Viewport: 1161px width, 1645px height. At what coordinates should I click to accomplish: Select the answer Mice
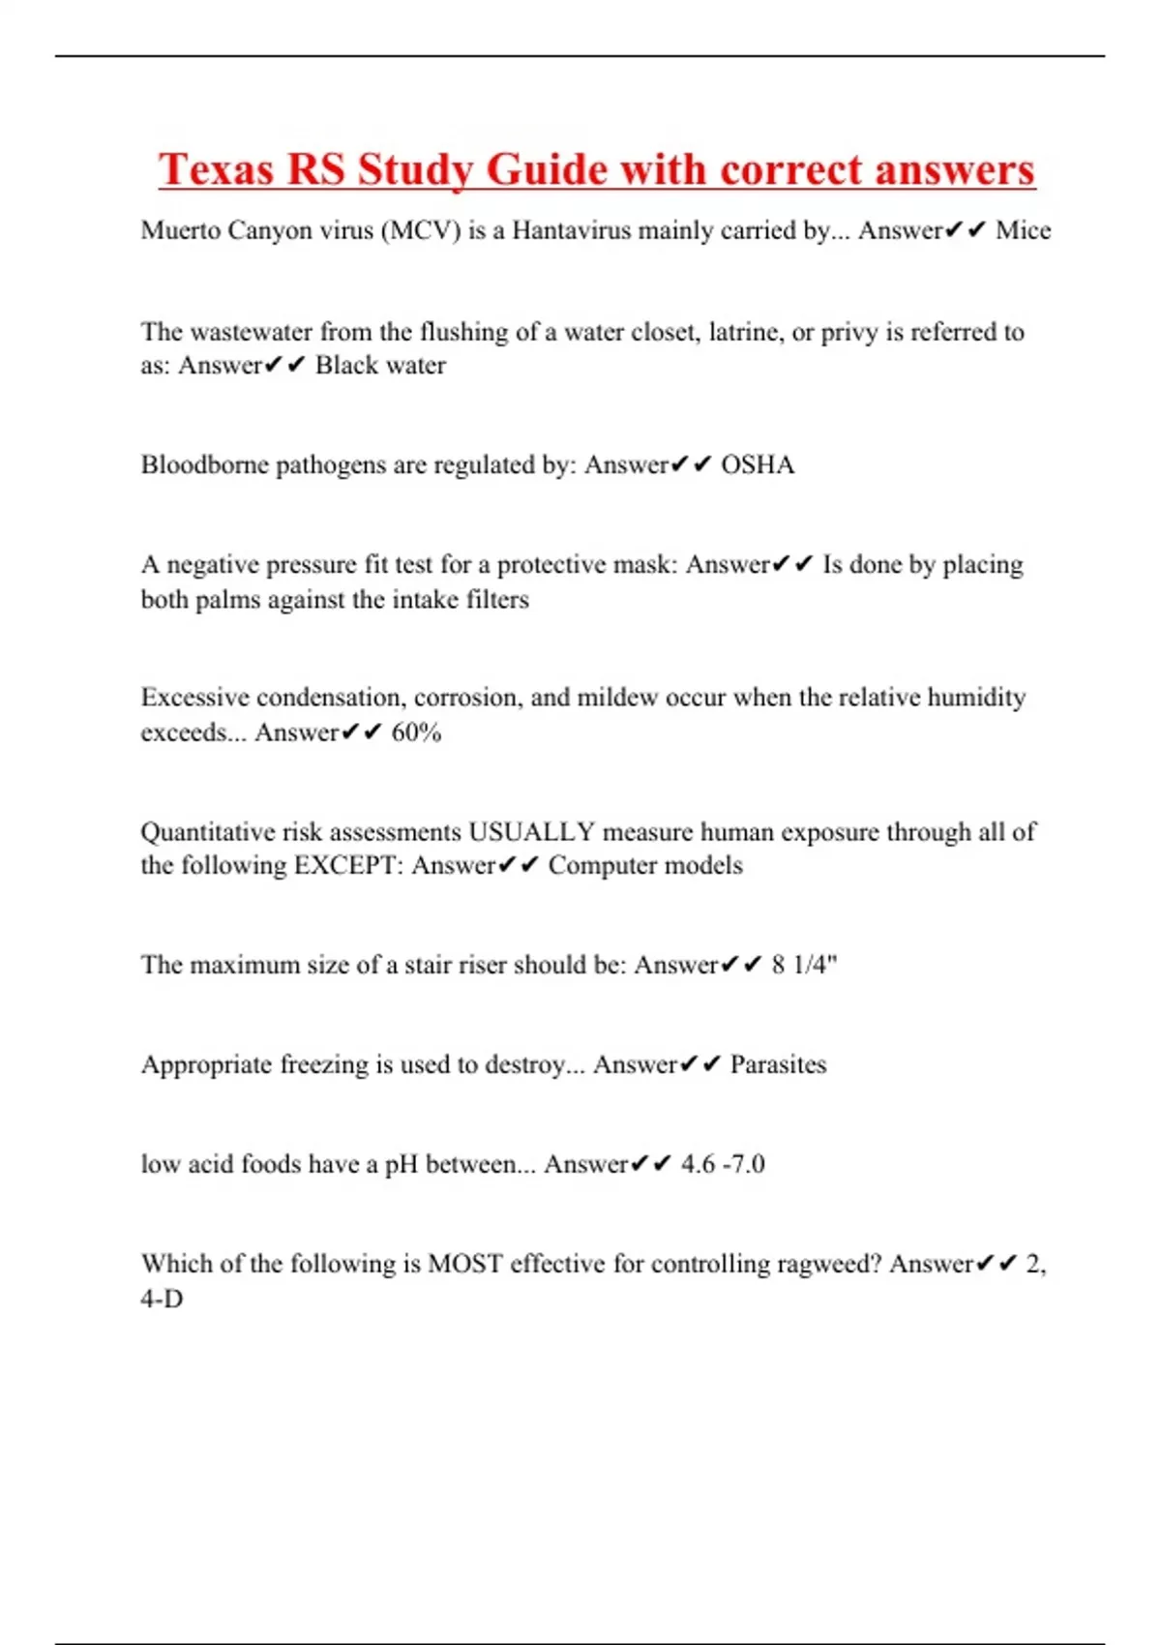(x=1023, y=230)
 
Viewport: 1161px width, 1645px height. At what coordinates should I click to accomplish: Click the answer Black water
(x=380, y=366)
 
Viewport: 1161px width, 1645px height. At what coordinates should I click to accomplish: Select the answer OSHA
(x=758, y=465)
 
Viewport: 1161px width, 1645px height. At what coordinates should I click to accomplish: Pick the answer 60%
(x=416, y=733)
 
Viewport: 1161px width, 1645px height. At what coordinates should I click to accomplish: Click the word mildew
(x=615, y=698)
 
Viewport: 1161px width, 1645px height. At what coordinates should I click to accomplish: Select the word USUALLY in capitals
(x=531, y=832)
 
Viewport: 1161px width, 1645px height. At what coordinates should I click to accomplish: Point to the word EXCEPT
(x=348, y=865)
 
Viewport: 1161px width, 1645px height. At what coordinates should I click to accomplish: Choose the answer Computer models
(x=645, y=865)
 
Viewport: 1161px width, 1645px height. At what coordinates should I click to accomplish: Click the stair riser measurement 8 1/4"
(x=804, y=965)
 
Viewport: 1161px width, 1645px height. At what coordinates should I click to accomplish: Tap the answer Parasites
(x=778, y=1064)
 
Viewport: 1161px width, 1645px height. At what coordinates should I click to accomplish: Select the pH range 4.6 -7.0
(x=723, y=1164)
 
